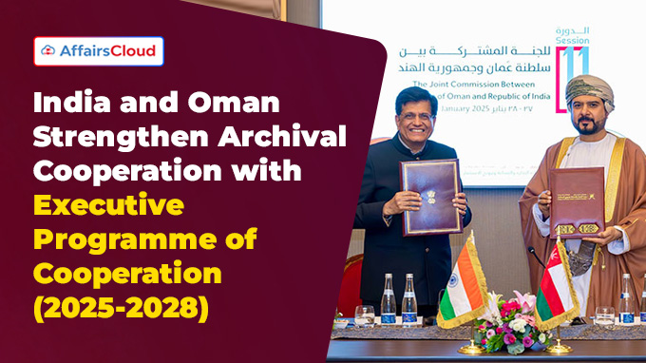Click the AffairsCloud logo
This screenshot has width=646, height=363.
click(x=99, y=50)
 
